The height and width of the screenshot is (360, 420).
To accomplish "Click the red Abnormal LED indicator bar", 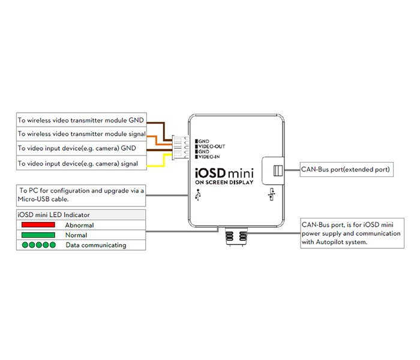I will [x=38, y=224].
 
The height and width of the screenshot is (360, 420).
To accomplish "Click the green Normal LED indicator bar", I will [x=38, y=235].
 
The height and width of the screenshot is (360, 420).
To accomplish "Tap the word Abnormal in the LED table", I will [x=79, y=225].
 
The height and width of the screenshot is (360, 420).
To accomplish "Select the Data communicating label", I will [x=95, y=245].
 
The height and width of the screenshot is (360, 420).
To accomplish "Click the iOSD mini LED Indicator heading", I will [x=55, y=214].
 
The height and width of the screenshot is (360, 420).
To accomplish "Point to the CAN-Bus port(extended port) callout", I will [x=346, y=170].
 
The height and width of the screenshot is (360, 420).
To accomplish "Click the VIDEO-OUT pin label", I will [x=212, y=146].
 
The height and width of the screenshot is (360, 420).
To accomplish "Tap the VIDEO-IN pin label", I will [x=211, y=156].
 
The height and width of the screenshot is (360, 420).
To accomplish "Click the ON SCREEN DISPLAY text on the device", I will [x=224, y=182].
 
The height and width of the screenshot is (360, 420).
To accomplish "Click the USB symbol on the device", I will [x=199, y=196].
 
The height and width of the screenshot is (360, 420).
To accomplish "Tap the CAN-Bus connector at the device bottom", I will [x=236, y=235].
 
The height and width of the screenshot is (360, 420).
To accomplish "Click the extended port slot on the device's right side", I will [x=277, y=170].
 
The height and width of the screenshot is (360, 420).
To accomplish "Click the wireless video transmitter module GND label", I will [x=81, y=119].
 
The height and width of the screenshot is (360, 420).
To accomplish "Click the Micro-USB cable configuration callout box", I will [x=81, y=194].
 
